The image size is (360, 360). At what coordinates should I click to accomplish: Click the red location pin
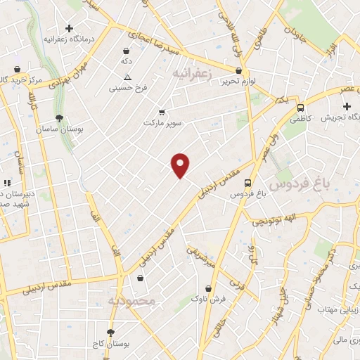tap(181, 165)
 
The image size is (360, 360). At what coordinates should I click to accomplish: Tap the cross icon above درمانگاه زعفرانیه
tap(67, 27)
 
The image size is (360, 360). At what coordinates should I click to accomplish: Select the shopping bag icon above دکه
tap(126, 51)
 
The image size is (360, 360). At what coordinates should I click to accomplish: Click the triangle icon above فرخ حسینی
tap(127, 77)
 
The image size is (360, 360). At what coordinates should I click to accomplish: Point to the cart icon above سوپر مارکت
tap(162, 112)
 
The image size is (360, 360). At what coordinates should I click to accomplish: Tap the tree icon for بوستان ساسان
tap(58, 118)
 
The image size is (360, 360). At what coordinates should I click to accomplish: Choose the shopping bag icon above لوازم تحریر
tap(239, 70)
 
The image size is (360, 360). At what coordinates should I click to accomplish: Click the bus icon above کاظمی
tap(300, 108)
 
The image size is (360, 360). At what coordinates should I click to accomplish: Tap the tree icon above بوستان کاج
tap(110, 332)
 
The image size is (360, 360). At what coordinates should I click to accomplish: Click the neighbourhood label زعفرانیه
tap(191, 72)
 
